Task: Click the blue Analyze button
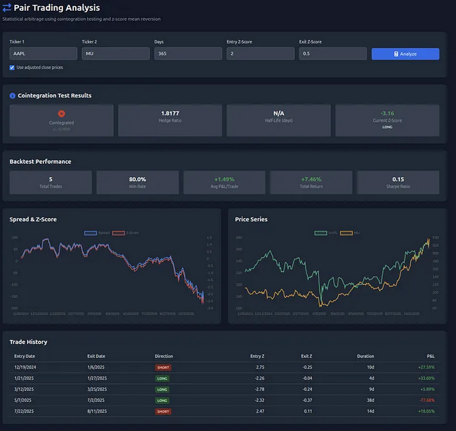(405, 54)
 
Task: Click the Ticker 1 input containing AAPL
(43, 54)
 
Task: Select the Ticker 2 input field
(116, 54)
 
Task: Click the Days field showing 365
(188, 54)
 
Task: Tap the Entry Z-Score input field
(260, 54)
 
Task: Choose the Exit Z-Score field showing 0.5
(333, 54)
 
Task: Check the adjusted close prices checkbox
(12, 68)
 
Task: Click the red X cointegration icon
(62, 113)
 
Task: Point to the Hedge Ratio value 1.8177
(170, 113)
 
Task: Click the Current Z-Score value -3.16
(387, 113)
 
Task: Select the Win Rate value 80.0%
(137, 179)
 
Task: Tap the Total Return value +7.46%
(311, 179)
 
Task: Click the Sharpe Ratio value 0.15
(398, 179)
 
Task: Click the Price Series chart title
(251, 220)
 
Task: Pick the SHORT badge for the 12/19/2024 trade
(163, 367)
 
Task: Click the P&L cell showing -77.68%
(426, 400)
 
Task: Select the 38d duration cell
(369, 400)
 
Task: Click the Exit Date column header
(97, 356)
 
